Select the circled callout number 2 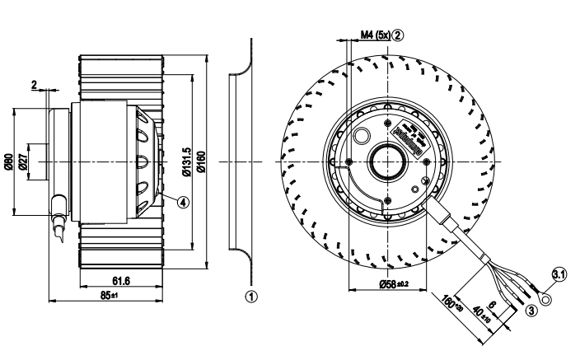(x=398, y=35)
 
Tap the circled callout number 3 (x=531, y=310)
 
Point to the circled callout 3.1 (x=558, y=275)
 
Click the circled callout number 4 (x=183, y=200)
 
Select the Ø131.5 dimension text (x=186, y=161)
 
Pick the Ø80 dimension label (x=9, y=161)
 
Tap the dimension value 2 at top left (x=34, y=84)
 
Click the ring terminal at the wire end (x=545, y=289)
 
